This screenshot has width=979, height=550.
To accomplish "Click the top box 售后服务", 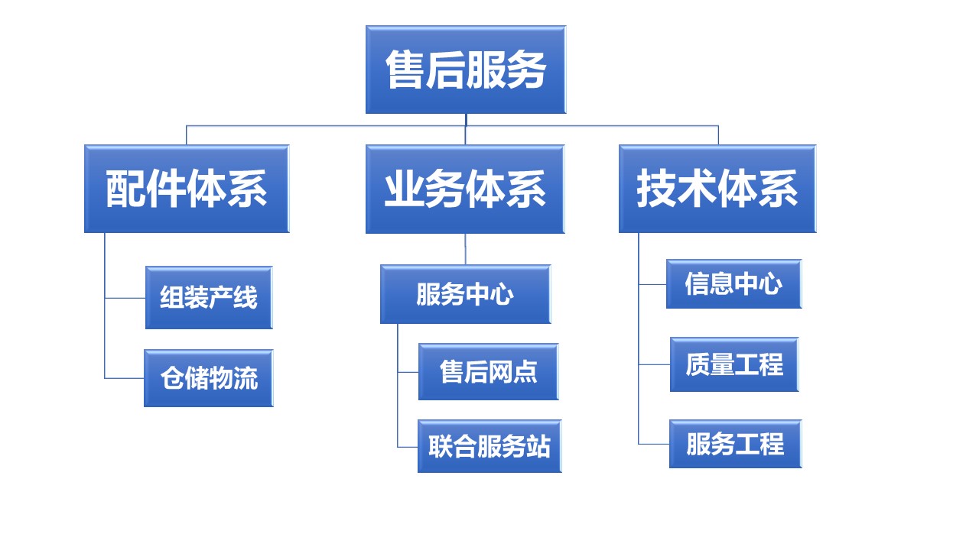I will [x=465, y=70].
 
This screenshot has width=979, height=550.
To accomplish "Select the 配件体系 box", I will [x=187, y=189].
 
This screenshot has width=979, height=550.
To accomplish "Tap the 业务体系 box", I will [x=465, y=189].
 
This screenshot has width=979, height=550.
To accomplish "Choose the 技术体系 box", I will [x=717, y=189].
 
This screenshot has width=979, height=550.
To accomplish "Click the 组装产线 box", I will [x=209, y=297].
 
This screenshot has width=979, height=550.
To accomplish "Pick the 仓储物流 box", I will [x=209, y=378].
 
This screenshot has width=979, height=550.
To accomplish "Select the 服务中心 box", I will [x=465, y=294].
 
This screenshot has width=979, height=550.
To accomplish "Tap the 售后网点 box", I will [x=488, y=372].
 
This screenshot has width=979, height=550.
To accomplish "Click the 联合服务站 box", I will [x=489, y=446].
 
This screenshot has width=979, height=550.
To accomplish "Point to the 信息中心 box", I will [x=733, y=284].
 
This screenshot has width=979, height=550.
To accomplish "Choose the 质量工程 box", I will [x=734, y=364].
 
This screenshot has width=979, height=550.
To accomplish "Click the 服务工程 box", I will [x=735, y=444].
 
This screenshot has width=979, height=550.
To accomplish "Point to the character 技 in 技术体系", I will [x=656, y=189].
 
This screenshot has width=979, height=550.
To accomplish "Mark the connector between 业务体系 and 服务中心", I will [x=465, y=249].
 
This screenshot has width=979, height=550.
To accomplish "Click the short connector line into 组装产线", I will [x=125, y=298].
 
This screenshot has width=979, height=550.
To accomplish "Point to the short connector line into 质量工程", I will [x=655, y=364].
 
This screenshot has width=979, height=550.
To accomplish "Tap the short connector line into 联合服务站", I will [x=408, y=447].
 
